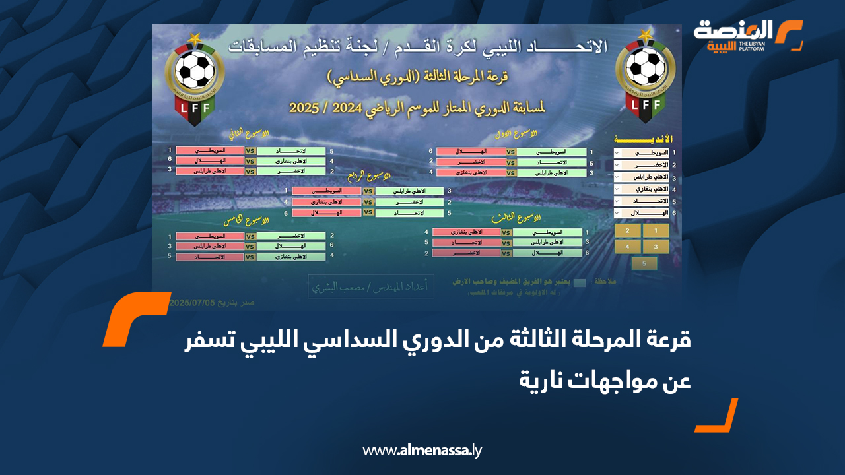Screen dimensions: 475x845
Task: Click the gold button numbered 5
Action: pyautogui.click(x=644, y=263)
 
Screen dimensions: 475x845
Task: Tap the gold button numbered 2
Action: pyautogui.click(x=627, y=231)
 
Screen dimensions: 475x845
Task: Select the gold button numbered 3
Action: pyautogui.click(x=656, y=247)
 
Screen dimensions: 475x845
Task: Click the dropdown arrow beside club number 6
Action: pyautogui.click(x=617, y=213)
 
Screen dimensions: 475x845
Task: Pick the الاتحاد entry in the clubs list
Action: pyautogui.click(x=644, y=201)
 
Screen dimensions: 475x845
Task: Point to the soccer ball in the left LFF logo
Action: pyautogui.click(x=194, y=69)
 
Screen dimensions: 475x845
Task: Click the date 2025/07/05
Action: pyautogui.click(x=193, y=303)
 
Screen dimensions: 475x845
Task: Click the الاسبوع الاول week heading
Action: pyautogui.click(x=518, y=135)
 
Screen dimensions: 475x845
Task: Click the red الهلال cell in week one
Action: pyautogui.click(x=471, y=152)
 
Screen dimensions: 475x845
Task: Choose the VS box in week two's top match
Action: pyautogui.click(x=250, y=150)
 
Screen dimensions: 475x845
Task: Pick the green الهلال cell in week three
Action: pyautogui.click(x=547, y=253)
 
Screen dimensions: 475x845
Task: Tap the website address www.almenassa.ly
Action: pyautogui.click(x=422, y=451)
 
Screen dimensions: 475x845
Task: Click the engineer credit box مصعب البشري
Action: pyautogui.click(x=371, y=287)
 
